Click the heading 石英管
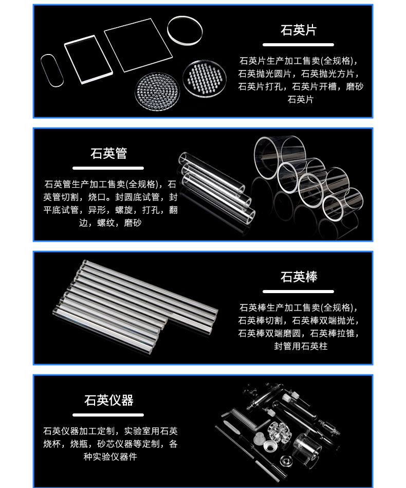coord(108,153)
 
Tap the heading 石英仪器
coord(108,400)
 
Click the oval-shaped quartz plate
coord(52,69)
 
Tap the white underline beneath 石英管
coord(108,168)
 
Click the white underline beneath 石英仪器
coord(108,414)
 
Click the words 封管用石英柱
coord(301,347)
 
